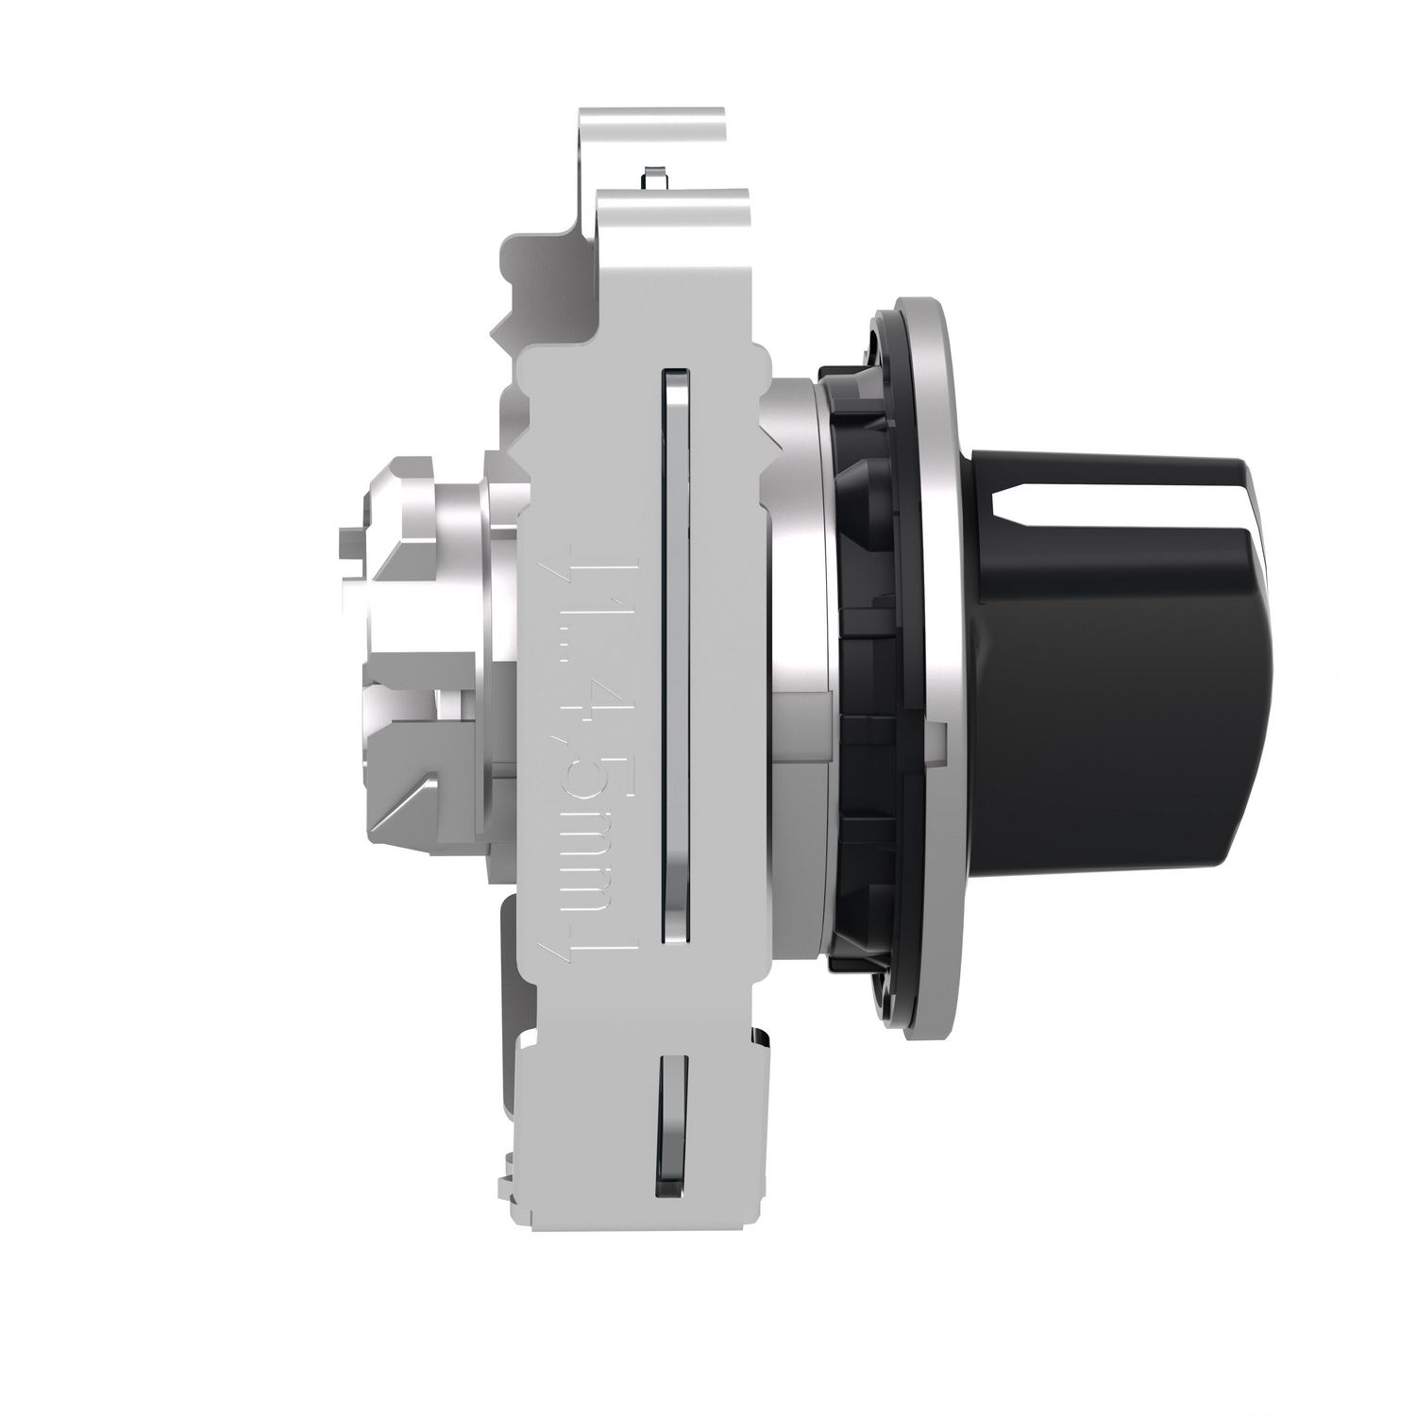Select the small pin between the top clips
click(651, 177)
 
